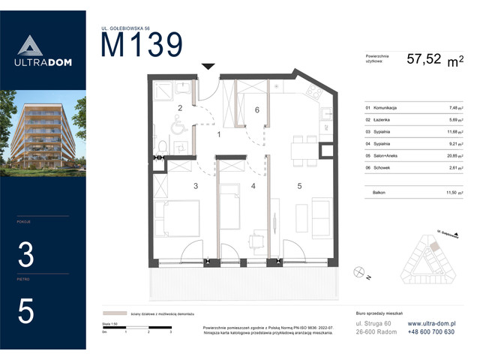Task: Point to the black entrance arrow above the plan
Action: pyautogui.click(x=208, y=67)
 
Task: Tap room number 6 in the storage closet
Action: pyautogui.click(x=256, y=110)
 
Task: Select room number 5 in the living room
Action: pyautogui.click(x=298, y=185)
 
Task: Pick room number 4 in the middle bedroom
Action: pyautogui.click(x=253, y=185)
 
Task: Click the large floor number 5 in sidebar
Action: pyautogui.click(x=26, y=310)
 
